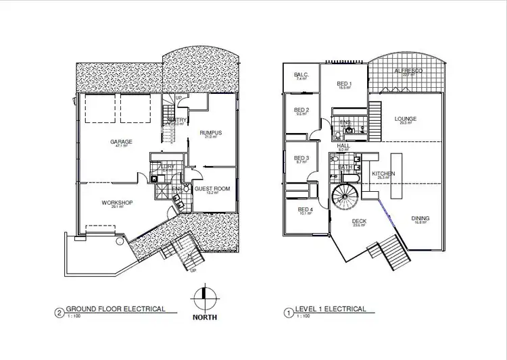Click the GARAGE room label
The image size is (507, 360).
[x=122, y=141]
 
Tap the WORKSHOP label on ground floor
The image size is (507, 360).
[x=116, y=203]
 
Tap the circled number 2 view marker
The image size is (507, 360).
[x=60, y=313]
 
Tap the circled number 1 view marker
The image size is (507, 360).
[x=289, y=313]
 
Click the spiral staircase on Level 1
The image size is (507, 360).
[x=346, y=199]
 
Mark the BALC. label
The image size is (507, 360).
[x=301, y=75]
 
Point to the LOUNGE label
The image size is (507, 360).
[x=406, y=119]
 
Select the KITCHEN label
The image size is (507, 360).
[x=383, y=174]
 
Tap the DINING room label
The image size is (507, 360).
[x=420, y=218]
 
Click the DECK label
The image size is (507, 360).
[x=359, y=222]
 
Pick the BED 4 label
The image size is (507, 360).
[x=306, y=209]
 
